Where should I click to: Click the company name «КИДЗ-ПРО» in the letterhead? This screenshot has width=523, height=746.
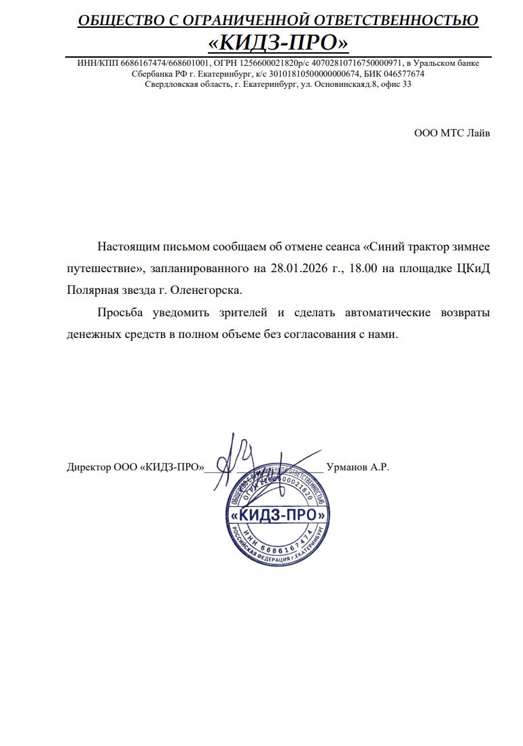[x=278, y=43]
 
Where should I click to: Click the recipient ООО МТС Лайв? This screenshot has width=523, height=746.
[x=452, y=133]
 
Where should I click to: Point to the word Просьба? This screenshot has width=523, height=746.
[x=120, y=312]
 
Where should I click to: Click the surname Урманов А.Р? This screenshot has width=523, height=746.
[x=357, y=467]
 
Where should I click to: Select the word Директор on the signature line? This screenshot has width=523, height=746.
[x=88, y=467]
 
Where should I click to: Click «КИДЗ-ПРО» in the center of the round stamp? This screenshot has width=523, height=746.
[x=278, y=515]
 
